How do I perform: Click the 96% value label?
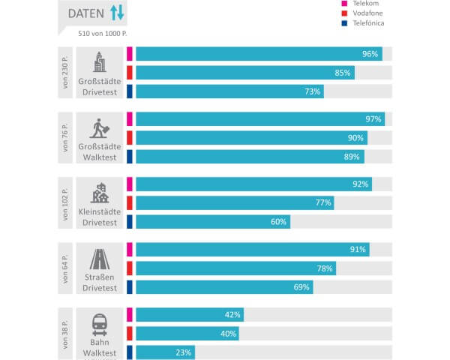click(370, 54)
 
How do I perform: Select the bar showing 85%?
click(245, 73)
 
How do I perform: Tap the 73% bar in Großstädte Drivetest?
click(229, 91)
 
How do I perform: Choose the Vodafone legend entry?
click(369, 13)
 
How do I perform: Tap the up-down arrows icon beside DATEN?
click(117, 13)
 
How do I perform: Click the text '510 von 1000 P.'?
click(103, 34)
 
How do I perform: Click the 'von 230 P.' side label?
click(66, 73)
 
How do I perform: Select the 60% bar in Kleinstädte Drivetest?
click(213, 222)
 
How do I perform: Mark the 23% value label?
click(184, 352)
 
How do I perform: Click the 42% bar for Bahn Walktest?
click(190, 314)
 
